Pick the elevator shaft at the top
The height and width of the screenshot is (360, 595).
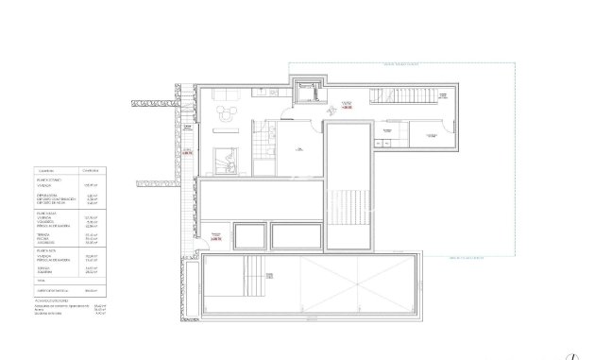306,92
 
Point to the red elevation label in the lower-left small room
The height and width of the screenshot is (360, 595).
216,239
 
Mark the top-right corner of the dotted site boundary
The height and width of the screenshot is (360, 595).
516,63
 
